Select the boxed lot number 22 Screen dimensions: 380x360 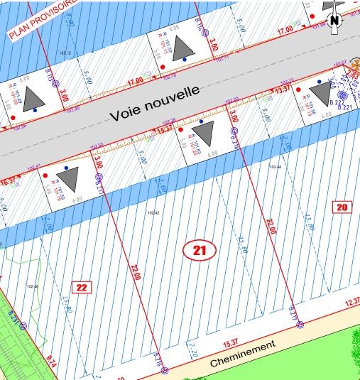point(82,287)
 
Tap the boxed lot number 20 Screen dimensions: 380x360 point(342,208)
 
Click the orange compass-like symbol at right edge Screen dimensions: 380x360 point(355,73)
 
